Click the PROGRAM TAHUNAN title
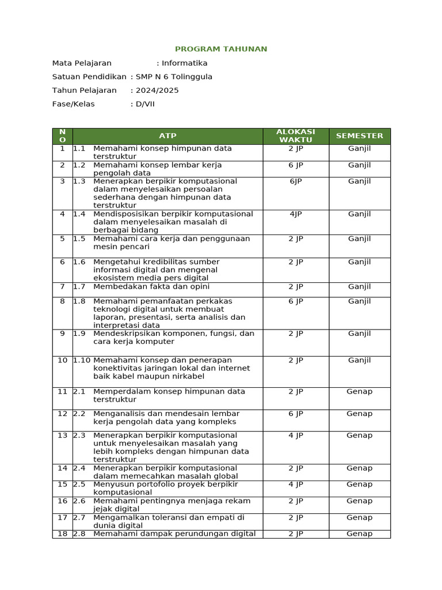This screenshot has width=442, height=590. [221, 49]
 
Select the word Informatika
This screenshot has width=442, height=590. [184, 63]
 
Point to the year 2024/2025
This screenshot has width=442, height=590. [157, 90]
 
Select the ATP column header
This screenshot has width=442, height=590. [167, 136]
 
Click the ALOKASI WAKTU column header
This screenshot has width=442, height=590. [296, 136]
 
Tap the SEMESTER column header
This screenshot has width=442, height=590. [359, 136]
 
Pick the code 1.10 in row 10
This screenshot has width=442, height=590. [82, 361]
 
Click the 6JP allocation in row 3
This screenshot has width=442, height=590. [296, 181]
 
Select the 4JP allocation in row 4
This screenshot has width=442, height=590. [296, 214]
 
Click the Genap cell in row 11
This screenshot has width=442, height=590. [359, 392]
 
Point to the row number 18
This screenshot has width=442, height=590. [62, 534]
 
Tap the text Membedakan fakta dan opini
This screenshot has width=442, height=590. [151, 287]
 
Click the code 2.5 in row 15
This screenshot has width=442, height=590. [79, 485]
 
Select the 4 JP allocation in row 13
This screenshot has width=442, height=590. [296, 436]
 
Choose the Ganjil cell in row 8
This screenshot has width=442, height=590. [359, 301]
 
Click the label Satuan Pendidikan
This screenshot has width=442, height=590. [89, 77]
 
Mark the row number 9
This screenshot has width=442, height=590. [62, 334]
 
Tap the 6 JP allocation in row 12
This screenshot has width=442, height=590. [296, 414]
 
